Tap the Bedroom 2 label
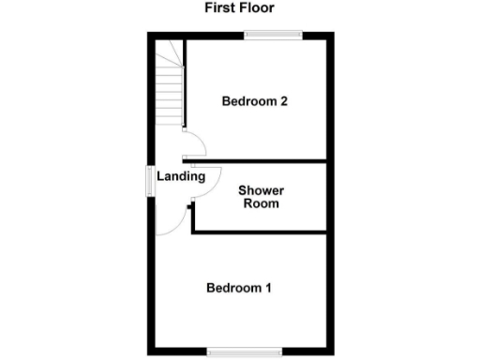[x=253, y=102]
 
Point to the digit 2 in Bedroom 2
[x=282, y=102]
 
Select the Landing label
[x=180, y=176]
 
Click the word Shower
[x=261, y=190]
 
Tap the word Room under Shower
[x=261, y=202]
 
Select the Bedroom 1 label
[x=239, y=288]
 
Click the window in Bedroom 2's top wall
[x=274, y=36]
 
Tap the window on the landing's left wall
[x=149, y=180]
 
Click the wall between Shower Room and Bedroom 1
[x=262, y=232]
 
